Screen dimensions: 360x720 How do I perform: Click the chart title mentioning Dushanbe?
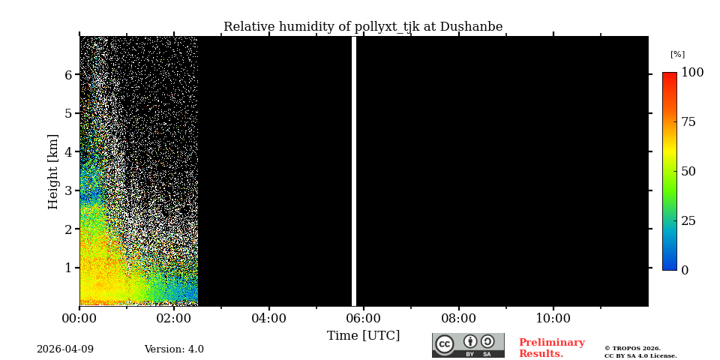point(363,27)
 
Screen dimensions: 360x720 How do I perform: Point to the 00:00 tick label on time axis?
point(79,319)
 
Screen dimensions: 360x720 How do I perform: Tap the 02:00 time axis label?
point(174,319)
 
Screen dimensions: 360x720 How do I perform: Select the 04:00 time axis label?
point(268,319)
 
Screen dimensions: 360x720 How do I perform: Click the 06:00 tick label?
point(364,319)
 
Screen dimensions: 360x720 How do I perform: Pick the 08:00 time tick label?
point(458,319)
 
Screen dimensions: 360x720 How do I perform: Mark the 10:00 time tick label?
point(553,319)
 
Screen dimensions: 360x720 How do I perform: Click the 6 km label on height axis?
point(68,75)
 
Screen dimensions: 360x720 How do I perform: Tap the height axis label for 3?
point(68,190)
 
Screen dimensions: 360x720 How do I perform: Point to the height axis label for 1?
point(68,268)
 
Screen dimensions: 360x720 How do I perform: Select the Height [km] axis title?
point(53,171)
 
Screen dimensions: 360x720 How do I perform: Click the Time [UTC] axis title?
point(363,336)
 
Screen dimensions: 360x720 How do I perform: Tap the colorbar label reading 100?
point(692,73)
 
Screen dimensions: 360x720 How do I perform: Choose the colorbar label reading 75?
point(688,122)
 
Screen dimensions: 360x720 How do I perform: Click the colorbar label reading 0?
point(685,271)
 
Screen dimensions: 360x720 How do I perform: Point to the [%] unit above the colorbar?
point(677,55)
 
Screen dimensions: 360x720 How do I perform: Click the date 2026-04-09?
point(65,349)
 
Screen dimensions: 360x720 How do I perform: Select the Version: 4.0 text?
point(174,349)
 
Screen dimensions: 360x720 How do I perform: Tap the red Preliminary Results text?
point(551,348)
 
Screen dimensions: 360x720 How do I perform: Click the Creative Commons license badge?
point(468,345)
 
